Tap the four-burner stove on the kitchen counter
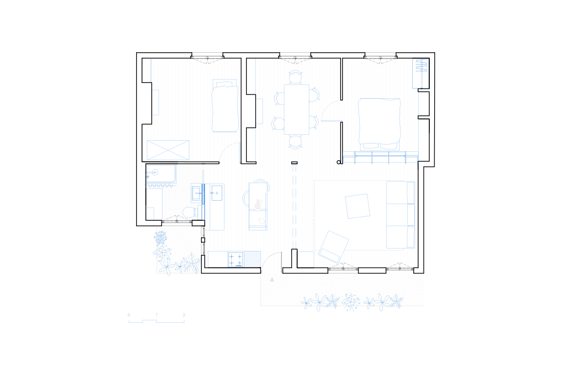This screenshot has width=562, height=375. [236, 259]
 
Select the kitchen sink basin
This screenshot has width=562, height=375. [217, 193]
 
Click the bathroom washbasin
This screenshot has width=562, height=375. [197, 193]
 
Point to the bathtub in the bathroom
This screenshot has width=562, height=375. [161, 174]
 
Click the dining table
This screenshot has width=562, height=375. [297, 109]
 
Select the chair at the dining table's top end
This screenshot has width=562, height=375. [296, 77]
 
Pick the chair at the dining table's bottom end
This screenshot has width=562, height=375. [296, 142]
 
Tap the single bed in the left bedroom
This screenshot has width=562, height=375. [225, 106]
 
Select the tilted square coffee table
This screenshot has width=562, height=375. [357, 206]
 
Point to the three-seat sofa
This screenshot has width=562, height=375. [401, 214]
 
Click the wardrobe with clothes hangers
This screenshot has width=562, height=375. [421, 73]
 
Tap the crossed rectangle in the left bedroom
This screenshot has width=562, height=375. [168, 150]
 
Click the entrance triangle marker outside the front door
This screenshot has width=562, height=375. [272, 280]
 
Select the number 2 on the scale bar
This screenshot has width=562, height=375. [184, 315]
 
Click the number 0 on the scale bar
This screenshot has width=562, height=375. [129, 315]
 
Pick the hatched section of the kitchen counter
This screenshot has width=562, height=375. [252, 259]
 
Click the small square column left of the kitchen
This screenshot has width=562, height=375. [203, 240]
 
